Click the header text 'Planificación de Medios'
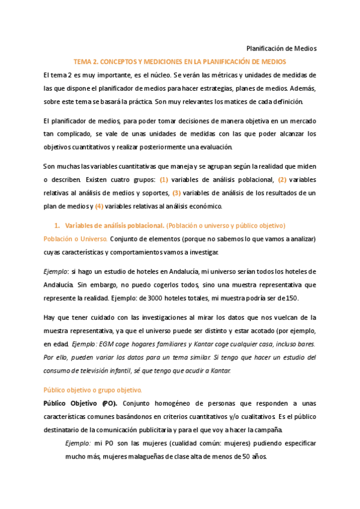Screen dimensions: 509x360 point(281,49)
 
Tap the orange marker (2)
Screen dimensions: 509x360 point(283,179)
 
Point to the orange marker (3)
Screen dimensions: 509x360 point(176,193)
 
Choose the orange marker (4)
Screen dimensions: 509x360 point(100,206)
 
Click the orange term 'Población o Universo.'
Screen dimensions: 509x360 point(75,239)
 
